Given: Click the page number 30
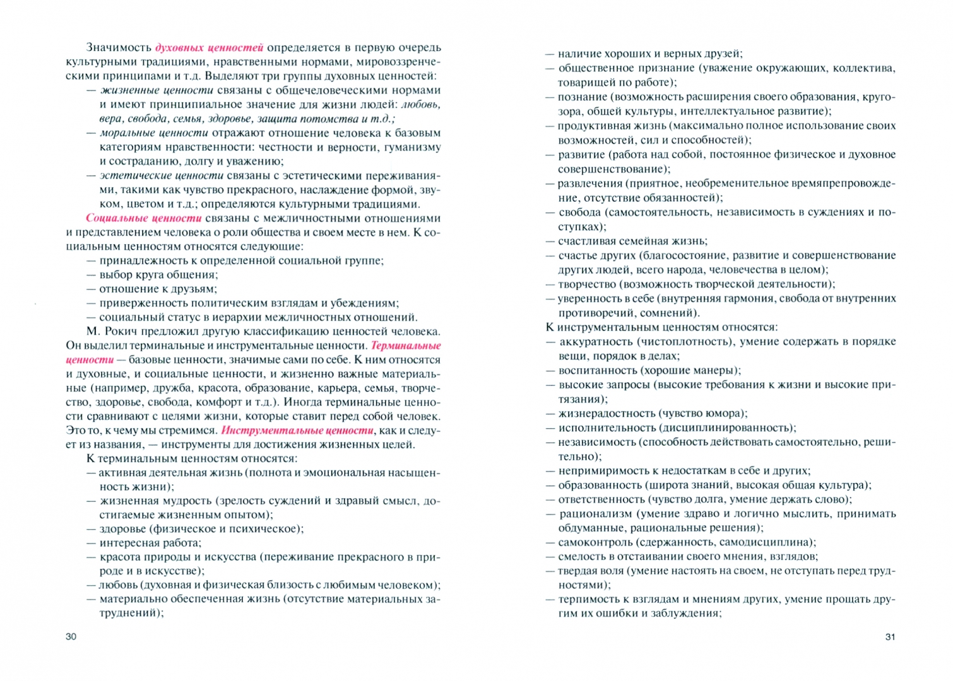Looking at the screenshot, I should [x=71, y=637].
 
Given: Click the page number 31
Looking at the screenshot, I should [x=890, y=637].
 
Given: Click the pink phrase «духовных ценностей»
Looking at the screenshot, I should [x=209, y=47].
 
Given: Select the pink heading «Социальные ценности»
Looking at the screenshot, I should [x=144, y=218].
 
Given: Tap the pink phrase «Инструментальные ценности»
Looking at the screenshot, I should [x=297, y=431].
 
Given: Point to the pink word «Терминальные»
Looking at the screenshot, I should [x=406, y=346].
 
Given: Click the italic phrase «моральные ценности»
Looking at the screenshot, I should [x=154, y=133].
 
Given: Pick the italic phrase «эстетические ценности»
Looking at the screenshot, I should [x=162, y=175].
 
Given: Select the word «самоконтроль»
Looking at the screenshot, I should [x=595, y=542].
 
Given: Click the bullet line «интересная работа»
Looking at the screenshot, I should [x=150, y=543].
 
